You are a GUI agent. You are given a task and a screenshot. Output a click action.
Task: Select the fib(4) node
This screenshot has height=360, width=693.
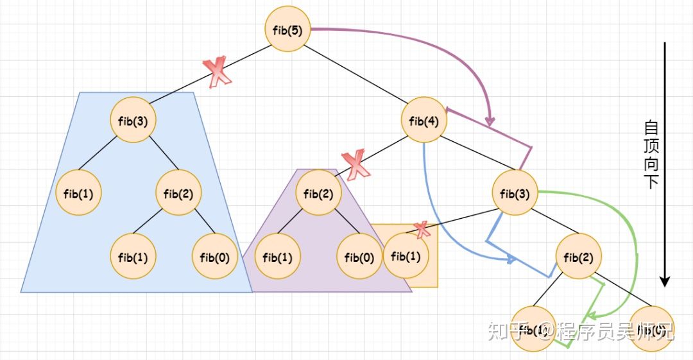424,120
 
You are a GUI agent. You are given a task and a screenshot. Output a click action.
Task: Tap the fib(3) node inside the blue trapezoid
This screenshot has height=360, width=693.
133,120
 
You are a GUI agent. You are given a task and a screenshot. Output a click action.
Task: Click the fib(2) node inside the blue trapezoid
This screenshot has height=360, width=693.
180,192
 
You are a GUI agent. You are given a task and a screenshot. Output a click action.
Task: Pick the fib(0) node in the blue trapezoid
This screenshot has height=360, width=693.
215,257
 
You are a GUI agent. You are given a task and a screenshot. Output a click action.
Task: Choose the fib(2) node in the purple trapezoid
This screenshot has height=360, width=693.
318,192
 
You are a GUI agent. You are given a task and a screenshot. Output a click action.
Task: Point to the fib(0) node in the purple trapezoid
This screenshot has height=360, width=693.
359,257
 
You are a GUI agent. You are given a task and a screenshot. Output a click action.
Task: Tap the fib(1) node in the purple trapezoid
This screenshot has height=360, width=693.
278,257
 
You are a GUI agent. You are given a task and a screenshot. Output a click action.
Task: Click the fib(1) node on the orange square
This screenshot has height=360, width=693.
405,256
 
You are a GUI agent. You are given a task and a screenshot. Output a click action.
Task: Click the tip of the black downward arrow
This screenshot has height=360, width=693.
665,284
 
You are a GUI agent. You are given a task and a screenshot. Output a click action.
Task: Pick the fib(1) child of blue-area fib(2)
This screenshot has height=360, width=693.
133,257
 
